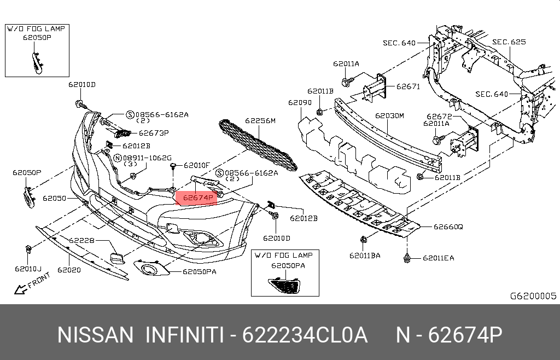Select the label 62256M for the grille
tap(260, 121)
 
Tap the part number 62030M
tap(389, 116)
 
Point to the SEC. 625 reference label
tap(509, 42)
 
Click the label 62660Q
tap(448, 227)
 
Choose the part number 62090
tap(300, 102)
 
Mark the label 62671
tap(408, 86)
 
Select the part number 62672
tap(439, 116)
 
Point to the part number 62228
tap(81, 240)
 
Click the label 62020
tap(69, 270)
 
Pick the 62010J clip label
tap(28, 269)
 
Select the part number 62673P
tap(154, 132)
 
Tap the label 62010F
tap(197, 165)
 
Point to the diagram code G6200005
tap(533, 296)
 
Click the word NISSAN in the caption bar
tap(95, 335)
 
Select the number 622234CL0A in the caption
tap(305, 335)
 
